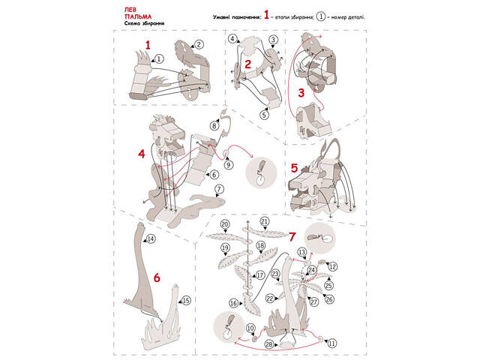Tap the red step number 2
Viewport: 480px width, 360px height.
[x=247, y=64]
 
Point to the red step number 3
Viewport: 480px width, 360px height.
[x=301, y=93]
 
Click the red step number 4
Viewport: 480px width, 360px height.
[x=141, y=154]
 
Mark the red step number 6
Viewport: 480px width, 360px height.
[x=157, y=277]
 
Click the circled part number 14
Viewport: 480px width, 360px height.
[x=151, y=238]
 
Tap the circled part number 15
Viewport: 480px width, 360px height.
[x=187, y=300]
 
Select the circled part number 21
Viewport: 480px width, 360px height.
[x=264, y=222]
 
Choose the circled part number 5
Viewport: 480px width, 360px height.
[x=264, y=115]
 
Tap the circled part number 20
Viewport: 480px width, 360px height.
[x=224, y=224]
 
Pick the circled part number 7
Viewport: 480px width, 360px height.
[x=219, y=190]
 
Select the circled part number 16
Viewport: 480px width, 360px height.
[x=233, y=302]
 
